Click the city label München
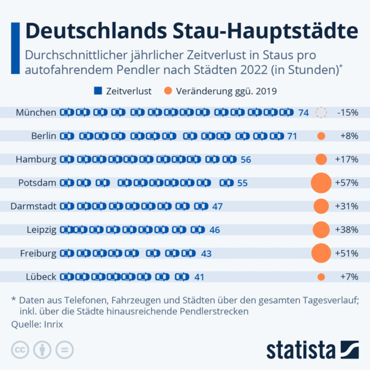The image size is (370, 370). (x=36, y=112)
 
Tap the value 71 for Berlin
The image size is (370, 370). (x=292, y=136)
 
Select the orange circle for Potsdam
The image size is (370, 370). (x=321, y=183)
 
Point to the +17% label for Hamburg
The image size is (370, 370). (x=347, y=159)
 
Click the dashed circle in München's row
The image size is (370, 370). (x=321, y=112)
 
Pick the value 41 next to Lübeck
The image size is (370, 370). (x=199, y=276)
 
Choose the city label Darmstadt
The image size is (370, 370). (x=33, y=206)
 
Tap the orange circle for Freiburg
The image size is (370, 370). (x=321, y=253)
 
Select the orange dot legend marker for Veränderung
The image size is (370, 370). (x=168, y=92)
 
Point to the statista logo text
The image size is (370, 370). (x=301, y=350)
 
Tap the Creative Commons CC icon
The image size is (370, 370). (x=20, y=350)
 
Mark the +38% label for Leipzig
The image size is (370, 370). (x=347, y=230)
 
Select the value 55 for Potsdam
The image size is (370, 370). (x=242, y=183)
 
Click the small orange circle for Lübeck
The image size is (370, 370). (x=321, y=276)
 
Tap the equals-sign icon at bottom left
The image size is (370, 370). (x=65, y=350)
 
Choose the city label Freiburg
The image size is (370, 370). (x=37, y=253)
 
